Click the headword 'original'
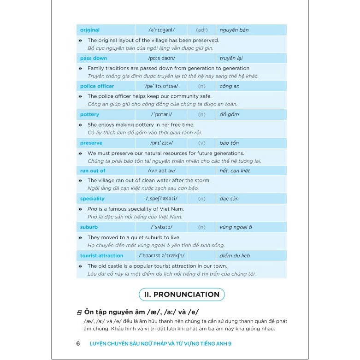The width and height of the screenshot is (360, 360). [90, 30]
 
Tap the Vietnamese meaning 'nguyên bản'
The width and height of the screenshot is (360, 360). [234, 30]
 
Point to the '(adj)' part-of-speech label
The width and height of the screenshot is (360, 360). [202, 30]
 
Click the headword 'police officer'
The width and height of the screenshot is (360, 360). [97, 86]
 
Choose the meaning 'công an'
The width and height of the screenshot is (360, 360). [230, 86]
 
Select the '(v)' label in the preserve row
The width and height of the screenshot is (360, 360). [201, 143]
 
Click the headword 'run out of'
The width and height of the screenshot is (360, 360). [93, 171]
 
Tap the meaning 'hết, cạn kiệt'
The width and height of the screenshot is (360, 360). [235, 171]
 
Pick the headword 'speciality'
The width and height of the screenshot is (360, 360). [92, 199]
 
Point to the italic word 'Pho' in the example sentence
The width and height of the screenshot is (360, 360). [92, 209]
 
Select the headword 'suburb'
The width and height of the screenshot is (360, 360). [89, 227]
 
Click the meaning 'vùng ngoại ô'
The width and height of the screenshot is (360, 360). [236, 227]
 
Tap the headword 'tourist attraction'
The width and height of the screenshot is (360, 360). [102, 255]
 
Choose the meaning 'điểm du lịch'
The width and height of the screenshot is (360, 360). [235, 255]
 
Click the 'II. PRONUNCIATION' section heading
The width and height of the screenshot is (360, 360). [182, 295]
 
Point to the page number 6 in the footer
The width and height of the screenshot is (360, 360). [78, 343]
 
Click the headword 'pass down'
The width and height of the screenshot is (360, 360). [94, 58]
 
